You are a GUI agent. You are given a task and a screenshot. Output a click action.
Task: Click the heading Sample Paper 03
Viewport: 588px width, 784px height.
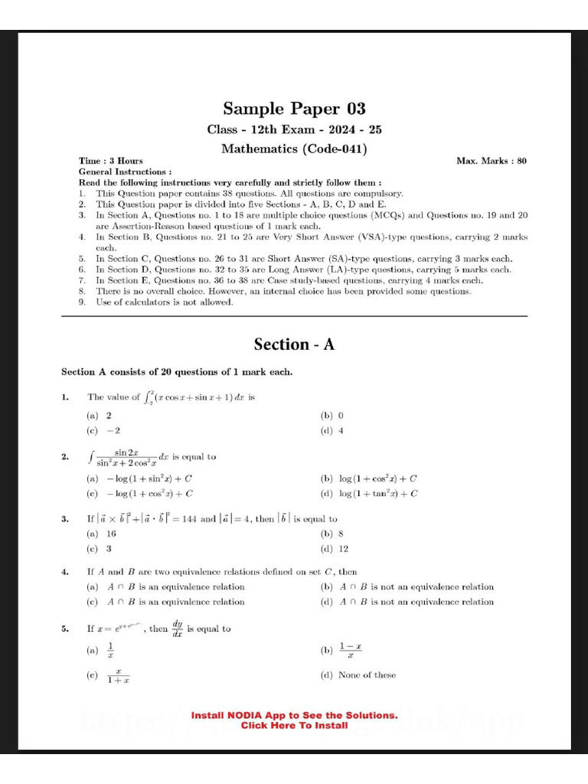[294, 109]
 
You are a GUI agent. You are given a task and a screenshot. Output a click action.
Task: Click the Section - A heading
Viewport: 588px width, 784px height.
[294, 345]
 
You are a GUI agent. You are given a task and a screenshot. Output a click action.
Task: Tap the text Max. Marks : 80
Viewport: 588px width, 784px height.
[491, 161]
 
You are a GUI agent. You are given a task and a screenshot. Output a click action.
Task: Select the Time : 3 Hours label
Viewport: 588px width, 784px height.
[111, 161]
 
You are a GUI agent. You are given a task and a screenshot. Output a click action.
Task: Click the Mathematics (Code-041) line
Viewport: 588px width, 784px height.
[294, 149]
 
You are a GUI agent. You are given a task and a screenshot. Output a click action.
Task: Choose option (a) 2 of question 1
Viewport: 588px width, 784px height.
[100, 415]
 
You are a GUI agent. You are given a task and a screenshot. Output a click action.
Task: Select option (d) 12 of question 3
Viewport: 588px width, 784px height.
[335, 549]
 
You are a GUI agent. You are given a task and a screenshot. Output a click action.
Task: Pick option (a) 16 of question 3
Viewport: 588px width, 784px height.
[102, 534]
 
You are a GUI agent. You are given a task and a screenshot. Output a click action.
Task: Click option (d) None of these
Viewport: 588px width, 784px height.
[358, 675]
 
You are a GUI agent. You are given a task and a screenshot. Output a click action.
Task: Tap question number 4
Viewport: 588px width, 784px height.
[66, 572]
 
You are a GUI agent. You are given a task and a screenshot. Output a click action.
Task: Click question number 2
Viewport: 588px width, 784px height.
[66, 457]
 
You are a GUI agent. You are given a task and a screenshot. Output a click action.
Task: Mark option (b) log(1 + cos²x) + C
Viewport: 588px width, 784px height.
[368, 479]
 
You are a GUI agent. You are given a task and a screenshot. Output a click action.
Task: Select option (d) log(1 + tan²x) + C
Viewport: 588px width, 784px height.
[369, 494]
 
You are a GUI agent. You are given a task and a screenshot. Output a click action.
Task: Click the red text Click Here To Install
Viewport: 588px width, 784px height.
[294, 726]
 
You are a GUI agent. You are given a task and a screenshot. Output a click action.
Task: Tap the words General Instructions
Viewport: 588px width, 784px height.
[125, 172]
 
